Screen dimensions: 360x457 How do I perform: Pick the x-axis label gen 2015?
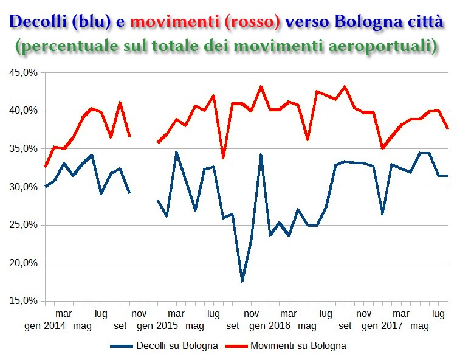(157, 326)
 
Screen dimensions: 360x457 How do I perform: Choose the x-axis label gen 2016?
(270, 326)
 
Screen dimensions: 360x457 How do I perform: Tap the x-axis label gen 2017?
(382, 326)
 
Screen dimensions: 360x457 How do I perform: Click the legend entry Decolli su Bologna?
(177, 346)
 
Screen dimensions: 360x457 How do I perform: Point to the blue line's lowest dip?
(242, 281)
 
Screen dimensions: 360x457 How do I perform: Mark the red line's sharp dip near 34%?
(223, 157)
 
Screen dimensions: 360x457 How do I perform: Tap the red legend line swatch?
(238, 346)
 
